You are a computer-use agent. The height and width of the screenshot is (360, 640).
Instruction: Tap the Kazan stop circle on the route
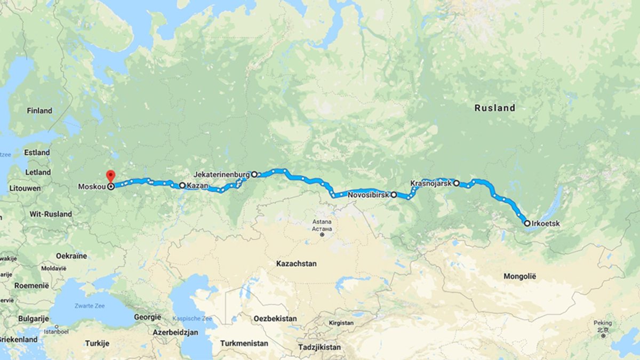(182, 186)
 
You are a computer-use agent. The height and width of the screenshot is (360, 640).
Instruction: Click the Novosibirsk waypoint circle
(394, 195)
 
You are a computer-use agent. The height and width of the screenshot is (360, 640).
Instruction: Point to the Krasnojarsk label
(431, 183)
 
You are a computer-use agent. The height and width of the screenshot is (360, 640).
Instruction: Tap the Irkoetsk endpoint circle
(527, 223)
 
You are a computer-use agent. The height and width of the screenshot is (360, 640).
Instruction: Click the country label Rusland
(495, 108)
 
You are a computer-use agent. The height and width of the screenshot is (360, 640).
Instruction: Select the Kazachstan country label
(297, 263)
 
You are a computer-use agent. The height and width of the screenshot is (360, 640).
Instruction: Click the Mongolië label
(523, 276)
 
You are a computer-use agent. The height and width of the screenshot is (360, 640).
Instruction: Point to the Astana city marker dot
(322, 234)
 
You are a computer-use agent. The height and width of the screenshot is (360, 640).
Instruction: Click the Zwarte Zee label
(90, 307)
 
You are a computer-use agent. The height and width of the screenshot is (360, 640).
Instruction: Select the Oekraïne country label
(71, 256)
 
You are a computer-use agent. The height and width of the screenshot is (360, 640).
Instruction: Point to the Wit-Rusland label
(51, 214)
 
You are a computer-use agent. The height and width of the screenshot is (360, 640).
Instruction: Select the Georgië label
(148, 317)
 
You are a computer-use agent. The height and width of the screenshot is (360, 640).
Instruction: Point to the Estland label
(37, 153)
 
